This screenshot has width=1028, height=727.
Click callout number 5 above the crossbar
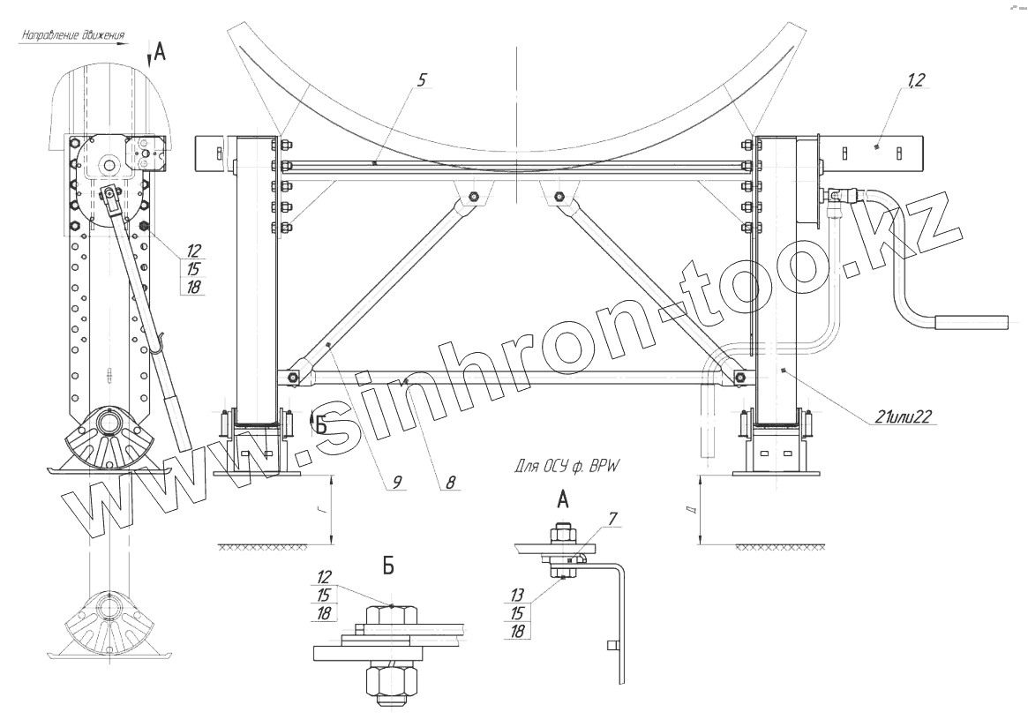pyautogui.click(x=422, y=80)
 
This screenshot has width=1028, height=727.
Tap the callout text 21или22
pyautogui.click(x=904, y=416)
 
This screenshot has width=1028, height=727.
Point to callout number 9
pyautogui.click(x=397, y=483)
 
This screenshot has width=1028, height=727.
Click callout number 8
pyautogui.click(x=450, y=483)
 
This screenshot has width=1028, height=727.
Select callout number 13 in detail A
pyautogui.click(x=517, y=596)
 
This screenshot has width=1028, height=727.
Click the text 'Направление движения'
pyautogui.click(x=72, y=35)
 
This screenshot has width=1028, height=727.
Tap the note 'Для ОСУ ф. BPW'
pyautogui.click(x=567, y=467)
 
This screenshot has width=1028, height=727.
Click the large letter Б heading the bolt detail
pyautogui.click(x=388, y=566)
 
